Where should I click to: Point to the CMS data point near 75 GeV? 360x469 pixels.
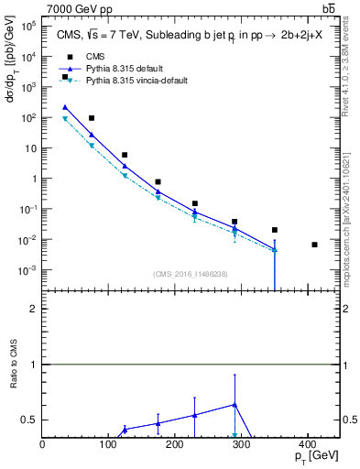pyautogui.click(x=92, y=118)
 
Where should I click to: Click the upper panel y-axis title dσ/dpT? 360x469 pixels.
pyautogui.click(x=12, y=83)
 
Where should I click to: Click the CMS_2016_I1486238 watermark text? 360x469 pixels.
pyautogui.click(x=190, y=274)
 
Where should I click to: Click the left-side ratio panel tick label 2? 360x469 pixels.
pyautogui.click(x=34, y=309)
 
